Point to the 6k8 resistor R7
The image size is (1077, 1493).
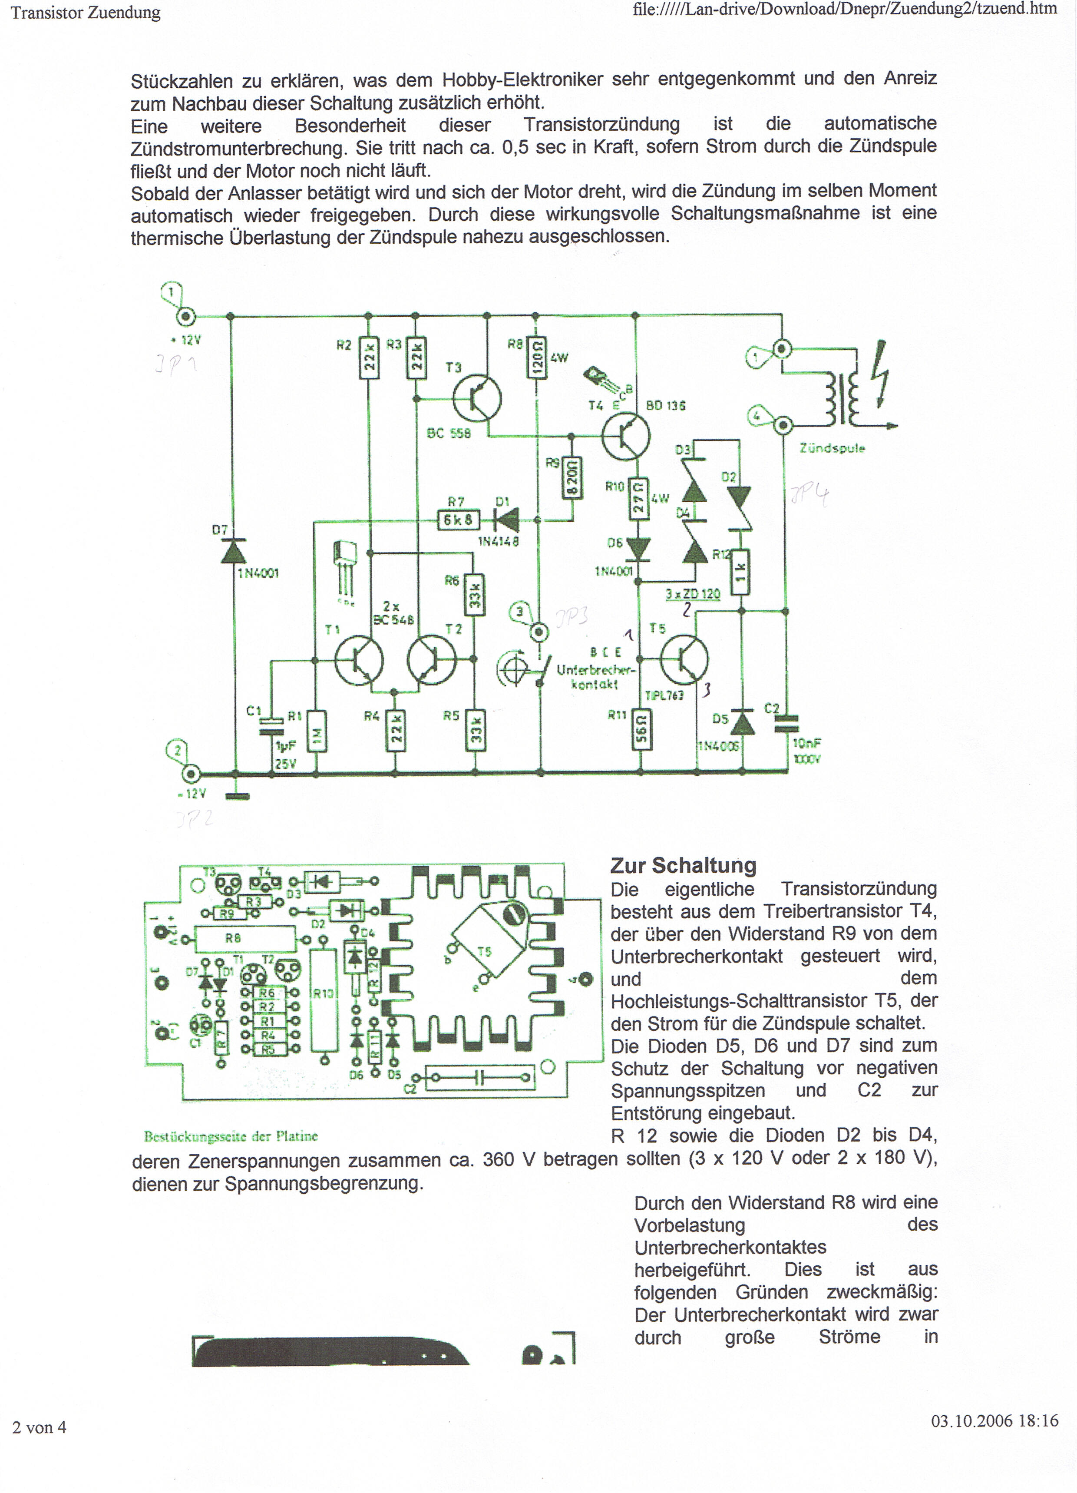point(458,520)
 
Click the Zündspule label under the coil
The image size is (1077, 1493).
point(832,448)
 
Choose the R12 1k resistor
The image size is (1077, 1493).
point(741,571)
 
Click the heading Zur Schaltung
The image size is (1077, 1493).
point(683,866)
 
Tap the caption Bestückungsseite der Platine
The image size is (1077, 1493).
point(231,1136)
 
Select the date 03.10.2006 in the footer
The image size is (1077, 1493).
point(971,1420)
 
